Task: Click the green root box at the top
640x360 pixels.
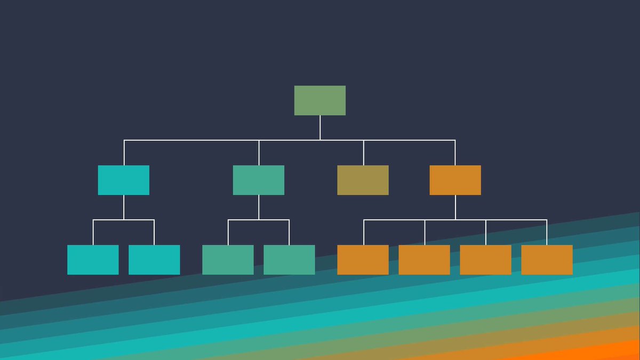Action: click(x=320, y=100)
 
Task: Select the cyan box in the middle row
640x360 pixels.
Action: click(x=124, y=180)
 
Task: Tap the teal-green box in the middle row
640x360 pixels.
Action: click(x=259, y=180)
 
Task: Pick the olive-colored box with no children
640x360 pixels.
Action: click(x=363, y=180)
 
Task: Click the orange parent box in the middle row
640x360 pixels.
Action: click(x=455, y=180)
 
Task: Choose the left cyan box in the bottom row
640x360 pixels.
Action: click(x=93, y=260)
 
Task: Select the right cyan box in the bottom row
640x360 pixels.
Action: click(x=154, y=260)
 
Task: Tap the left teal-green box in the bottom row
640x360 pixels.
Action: click(x=228, y=260)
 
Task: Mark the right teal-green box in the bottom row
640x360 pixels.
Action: click(x=289, y=260)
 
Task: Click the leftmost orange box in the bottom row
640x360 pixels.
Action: click(x=363, y=260)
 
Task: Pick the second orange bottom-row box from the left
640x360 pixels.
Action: click(x=424, y=260)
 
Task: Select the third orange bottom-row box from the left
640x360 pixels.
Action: click(x=485, y=260)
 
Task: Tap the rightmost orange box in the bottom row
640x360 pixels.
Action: click(x=547, y=260)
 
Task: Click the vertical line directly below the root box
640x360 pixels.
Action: click(x=320, y=127)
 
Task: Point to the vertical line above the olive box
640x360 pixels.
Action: click(x=364, y=153)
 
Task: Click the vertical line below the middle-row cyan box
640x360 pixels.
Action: click(x=124, y=207)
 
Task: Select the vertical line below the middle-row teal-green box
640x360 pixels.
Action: click(x=259, y=207)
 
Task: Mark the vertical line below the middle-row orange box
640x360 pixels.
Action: click(x=455, y=207)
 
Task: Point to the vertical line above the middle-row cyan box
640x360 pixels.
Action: click(x=124, y=153)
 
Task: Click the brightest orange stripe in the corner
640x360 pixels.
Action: click(x=613, y=352)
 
